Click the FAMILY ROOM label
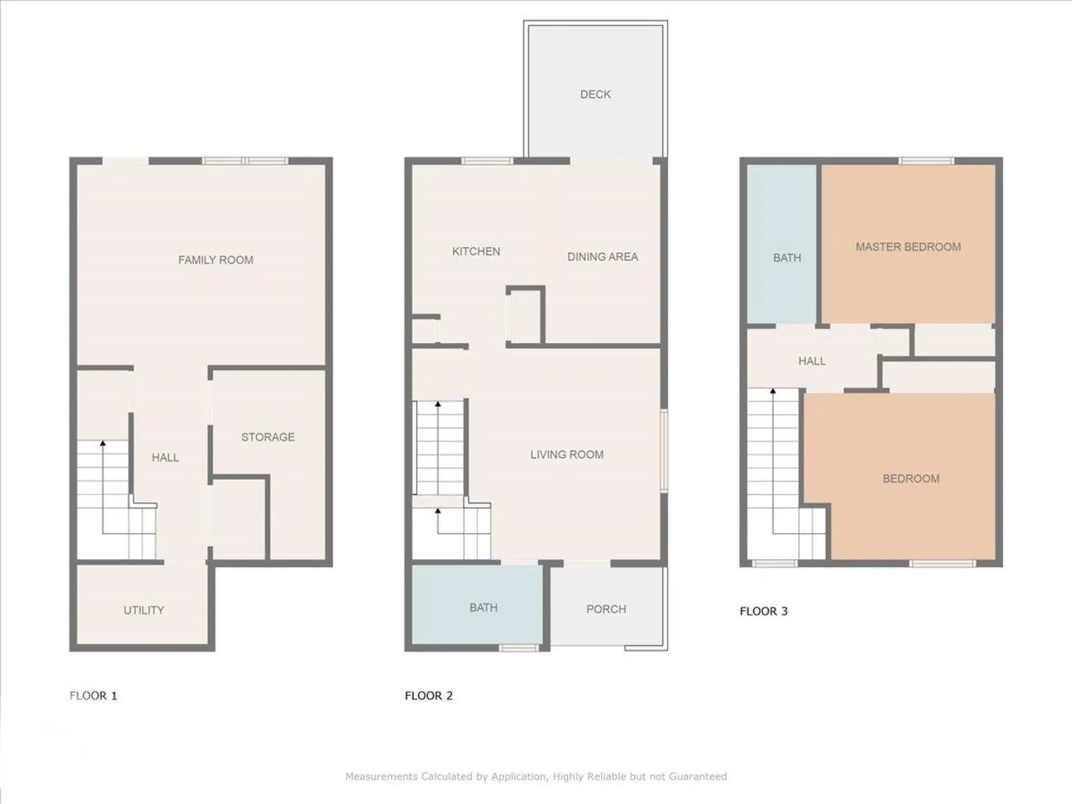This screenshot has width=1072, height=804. [216, 260]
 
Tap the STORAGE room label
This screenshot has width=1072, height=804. [268, 437]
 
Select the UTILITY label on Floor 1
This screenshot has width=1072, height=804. [144, 610]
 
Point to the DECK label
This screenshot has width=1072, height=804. [595, 94]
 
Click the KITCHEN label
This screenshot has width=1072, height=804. [476, 251]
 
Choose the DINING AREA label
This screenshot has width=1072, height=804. [602, 257]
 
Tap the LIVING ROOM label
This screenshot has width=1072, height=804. [567, 454]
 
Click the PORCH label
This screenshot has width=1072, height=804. [606, 609]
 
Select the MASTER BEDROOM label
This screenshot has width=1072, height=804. [908, 247]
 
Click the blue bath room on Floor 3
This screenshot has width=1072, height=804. [782, 244]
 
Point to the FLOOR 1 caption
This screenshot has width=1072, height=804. [93, 696]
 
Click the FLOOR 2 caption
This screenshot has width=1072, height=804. [429, 696]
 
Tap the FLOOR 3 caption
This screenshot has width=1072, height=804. [764, 611]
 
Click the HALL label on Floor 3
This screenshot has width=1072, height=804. [812, 361]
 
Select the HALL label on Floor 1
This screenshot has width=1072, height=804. [165, 457]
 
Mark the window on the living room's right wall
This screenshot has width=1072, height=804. [664, 451]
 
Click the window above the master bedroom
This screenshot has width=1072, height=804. [926, 161]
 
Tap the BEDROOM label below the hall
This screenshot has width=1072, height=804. [911, 478]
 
